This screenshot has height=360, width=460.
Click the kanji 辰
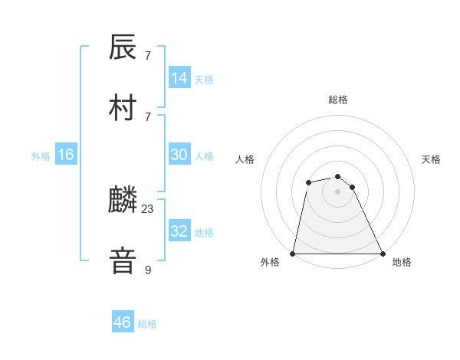123,48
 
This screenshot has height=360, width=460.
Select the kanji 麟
123,201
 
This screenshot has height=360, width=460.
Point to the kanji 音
123,260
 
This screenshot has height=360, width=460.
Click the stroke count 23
148,208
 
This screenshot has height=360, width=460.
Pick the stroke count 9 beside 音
148,269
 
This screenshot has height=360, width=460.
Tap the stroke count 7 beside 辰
148,56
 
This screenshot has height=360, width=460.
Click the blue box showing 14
179,78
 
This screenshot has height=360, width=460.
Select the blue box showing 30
179,155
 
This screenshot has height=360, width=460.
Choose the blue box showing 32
179,231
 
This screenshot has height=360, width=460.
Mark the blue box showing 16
66,155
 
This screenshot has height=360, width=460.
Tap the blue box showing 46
123,322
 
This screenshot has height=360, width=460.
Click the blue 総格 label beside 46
147,324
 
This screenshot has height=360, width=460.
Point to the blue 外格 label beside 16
41,156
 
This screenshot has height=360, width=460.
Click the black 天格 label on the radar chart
432,159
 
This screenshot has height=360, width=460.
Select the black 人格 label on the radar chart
245,159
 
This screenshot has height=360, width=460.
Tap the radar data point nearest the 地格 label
382,253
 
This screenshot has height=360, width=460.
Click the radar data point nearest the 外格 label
293,253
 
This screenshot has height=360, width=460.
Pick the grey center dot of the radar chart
337,191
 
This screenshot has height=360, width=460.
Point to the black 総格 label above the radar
338,100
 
